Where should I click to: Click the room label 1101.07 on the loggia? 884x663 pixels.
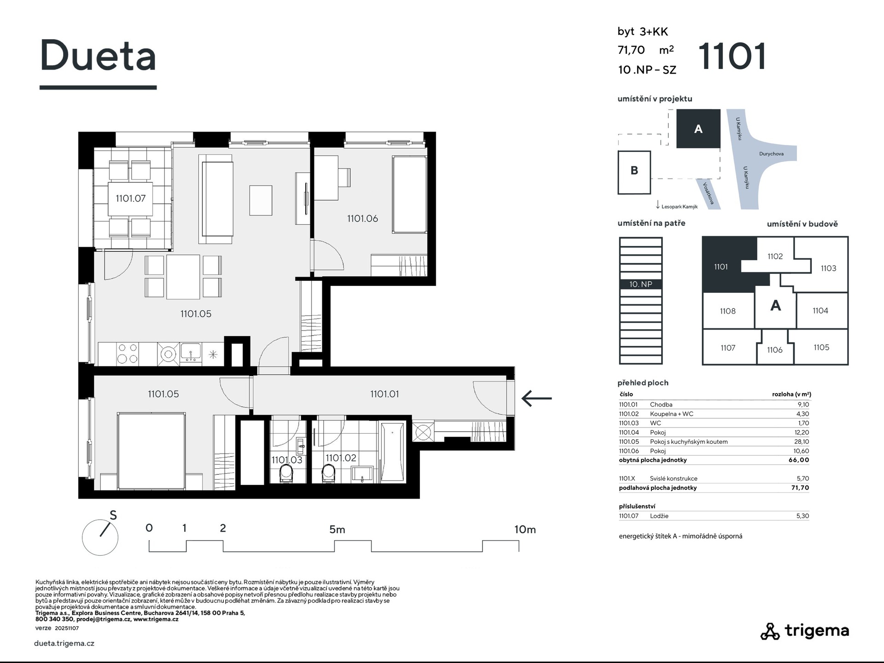130,198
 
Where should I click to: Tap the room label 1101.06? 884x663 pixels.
362,219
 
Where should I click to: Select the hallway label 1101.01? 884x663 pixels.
384,394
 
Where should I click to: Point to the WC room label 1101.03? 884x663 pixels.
287,460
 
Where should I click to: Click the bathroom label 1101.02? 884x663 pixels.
341,458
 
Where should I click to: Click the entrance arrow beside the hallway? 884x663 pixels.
536,398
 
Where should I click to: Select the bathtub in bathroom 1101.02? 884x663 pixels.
392,453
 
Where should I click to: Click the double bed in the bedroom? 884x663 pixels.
151,451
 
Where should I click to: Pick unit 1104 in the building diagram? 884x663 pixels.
820,311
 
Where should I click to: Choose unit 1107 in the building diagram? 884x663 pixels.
728,348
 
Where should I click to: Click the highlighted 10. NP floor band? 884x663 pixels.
641,285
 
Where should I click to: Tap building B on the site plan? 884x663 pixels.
634,172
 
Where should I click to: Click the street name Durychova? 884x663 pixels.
771,154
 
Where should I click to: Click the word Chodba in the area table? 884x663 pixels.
661,405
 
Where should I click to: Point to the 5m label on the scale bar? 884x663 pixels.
337,529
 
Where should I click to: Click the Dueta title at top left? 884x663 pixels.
98,56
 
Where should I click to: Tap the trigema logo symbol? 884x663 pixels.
770,631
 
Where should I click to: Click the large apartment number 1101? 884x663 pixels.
732,56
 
